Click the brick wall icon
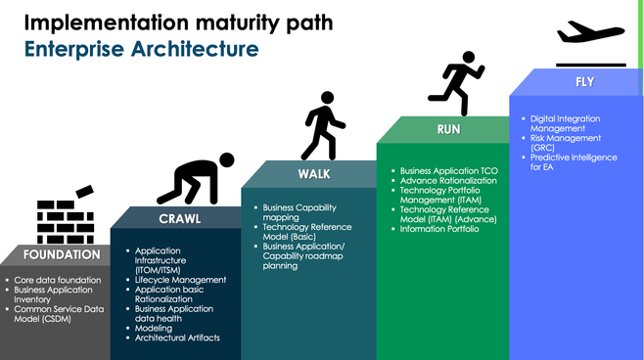66,216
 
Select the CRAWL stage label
180,218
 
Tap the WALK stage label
314,174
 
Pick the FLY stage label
584,82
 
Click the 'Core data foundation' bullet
57,280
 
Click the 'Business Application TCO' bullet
449,171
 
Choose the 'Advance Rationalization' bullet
448,181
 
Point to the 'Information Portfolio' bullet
444,230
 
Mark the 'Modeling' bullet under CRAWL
154,328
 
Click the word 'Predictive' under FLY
549,157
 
